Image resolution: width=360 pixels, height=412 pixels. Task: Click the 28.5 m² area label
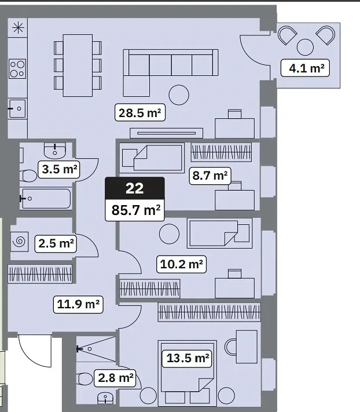click(140, 113)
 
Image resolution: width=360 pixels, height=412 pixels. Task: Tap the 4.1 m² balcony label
click(305, 68)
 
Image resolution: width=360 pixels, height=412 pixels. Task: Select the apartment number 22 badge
click(135, 188)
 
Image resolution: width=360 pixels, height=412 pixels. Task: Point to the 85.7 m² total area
click(135, 210)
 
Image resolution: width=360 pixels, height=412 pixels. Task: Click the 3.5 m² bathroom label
click(59, 169)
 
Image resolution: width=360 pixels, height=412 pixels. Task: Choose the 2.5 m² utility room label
click(56, 243)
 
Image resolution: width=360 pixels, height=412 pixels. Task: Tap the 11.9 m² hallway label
click(78, 304)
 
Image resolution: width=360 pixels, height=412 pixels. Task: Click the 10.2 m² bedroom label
click(181, 264)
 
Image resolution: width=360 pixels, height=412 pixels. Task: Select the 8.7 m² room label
click(210, 176)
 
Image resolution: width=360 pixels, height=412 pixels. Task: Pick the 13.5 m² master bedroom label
click(188, 358)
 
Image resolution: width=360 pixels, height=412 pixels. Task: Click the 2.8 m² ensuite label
click(115, 378)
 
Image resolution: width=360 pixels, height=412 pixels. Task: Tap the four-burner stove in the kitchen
click(17, 69)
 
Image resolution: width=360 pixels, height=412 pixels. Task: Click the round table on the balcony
click(305, 48)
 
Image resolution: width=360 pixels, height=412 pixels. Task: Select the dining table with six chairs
click(78, 65)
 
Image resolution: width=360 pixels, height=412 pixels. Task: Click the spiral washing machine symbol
click(20, 242)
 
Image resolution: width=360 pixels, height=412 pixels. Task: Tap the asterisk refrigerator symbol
click(18, 28)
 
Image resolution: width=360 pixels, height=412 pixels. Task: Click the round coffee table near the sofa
click(179, 95)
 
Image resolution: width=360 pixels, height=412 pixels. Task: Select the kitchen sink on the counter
click(17, 108)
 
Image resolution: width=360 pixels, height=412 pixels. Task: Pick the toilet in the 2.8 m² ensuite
click(85, 379)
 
